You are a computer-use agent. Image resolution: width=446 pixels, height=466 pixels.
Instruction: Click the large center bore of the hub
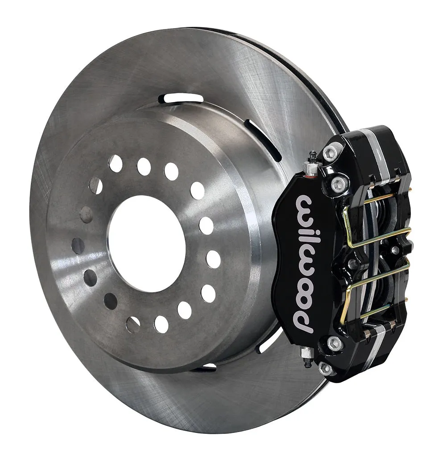pyautogui.click(x=146, y=243)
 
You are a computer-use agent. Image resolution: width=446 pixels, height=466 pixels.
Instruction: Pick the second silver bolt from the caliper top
pyautogui.click(x=339, y=183)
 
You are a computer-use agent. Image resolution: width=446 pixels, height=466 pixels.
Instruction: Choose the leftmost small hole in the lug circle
pyautogui.click(x=78, y=245)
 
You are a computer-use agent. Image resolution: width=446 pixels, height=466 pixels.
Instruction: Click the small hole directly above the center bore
pyautogui.click(x=144, y=167)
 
